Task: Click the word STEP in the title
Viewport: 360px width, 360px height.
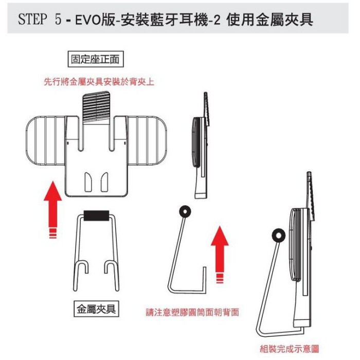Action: (x=32, y=19)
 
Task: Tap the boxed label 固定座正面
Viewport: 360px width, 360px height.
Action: (x=96, y=59)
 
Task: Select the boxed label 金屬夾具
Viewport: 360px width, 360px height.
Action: (x=96, y=309)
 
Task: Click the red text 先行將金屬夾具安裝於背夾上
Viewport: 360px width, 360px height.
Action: (x=99, y=81)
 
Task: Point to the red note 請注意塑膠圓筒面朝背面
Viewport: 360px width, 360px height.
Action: (x=192, y=312)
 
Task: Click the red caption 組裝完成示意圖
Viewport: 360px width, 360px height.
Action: (x=289, y=349)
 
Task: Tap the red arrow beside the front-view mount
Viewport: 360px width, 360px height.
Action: (x=53, y=210)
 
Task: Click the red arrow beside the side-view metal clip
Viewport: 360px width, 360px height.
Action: (x=220, y=255)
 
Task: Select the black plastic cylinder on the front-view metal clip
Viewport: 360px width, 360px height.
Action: (x=96, y=216)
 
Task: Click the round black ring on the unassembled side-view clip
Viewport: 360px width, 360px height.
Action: (x=185, y=212)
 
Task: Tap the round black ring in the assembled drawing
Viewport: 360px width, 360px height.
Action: (x=278, y=236)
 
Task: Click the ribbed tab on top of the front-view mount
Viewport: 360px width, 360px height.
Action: (x=96, y=107)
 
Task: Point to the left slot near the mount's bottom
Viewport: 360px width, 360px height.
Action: (x=88, y=182)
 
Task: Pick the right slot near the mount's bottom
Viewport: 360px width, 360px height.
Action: (x=105, y=182)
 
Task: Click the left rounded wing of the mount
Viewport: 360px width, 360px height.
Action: (x=45, y=140)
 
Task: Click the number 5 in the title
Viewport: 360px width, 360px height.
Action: (x=58, y=19)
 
